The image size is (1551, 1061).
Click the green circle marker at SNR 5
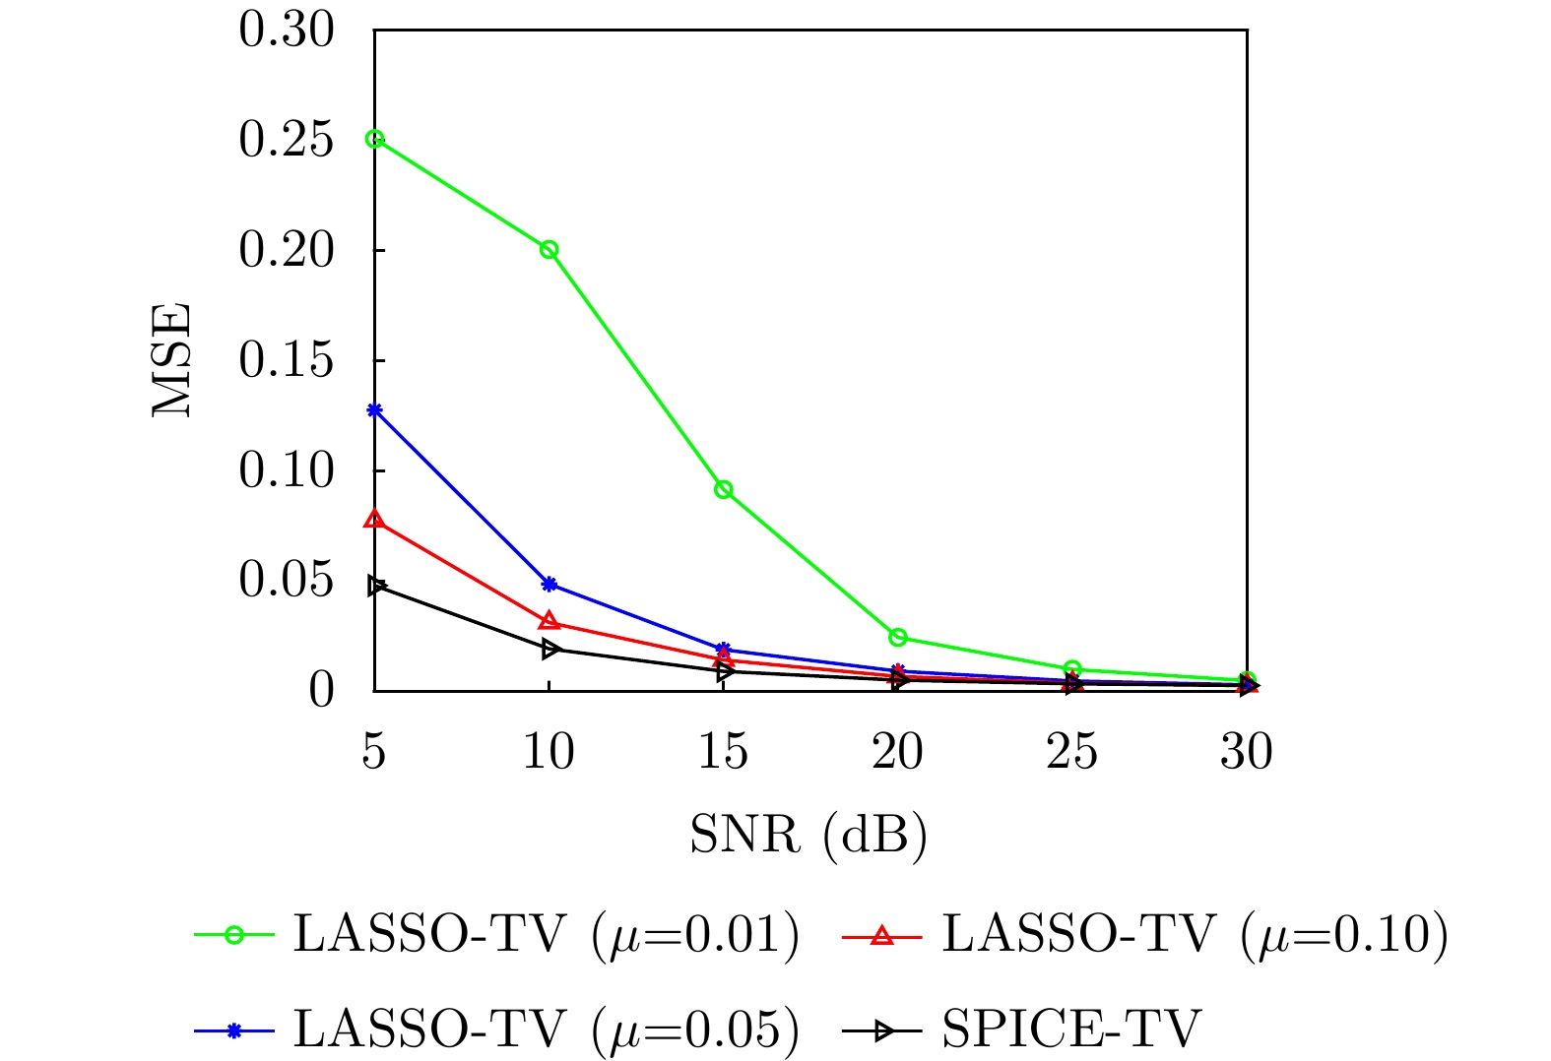pyautogui.click(x=374, y=139)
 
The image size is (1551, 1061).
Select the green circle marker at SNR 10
pyautogui.click(x=549, y=249)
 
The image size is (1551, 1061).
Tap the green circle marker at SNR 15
pyautogui.click(x=724, y=489)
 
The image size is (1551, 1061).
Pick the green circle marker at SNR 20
pyautogui.click(x=898, y=637)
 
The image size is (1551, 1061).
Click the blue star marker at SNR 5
pyautogui.click(x=374, y=409)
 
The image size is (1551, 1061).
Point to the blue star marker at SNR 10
pyautogui.click(x=549, y=584)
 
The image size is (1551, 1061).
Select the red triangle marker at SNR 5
pyautogui.click(x=374, y=519)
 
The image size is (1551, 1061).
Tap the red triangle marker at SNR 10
pyautogui.click(x=549, y=621)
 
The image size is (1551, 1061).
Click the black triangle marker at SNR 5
pyautogui.click(x=375, y=586)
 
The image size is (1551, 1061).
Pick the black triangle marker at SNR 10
pyautogui.click(x=550, y=649)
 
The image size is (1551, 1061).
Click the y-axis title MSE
pyautogui.click(x=171, y=360)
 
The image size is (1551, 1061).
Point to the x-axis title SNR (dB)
pyautogui.click(x=808, y=835)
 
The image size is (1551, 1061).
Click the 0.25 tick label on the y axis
pyautogui.click(x=286, y=140)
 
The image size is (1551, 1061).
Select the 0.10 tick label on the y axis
pyautogui.click(x=286, y=470)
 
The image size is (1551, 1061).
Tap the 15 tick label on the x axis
pyautogui.click(x=724, y=753)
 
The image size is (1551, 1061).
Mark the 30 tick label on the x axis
pyautogui.click(x=1247, y=753)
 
